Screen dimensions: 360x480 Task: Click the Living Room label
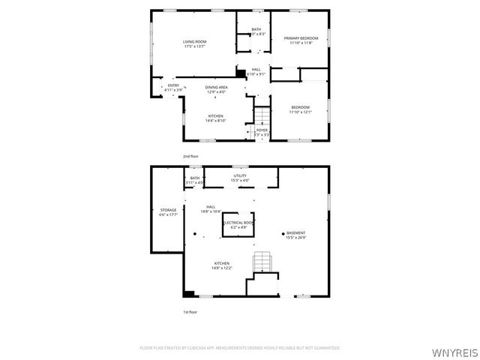195,41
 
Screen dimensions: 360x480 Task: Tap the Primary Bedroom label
301,38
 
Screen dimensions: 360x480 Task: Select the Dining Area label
217,87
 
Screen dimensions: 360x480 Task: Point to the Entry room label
173,85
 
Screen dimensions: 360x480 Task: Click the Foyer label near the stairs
262,130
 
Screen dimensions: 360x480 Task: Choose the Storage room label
168,210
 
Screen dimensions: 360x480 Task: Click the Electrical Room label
239,223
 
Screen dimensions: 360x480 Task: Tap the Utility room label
239,175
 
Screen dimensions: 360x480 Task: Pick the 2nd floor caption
190,156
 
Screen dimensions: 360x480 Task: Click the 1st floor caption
190,311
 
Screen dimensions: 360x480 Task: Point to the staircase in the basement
261,262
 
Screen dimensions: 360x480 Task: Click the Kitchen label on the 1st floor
221,263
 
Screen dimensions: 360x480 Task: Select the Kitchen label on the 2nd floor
216,116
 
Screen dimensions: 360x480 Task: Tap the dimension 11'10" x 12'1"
301,112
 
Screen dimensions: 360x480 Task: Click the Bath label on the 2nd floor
256,30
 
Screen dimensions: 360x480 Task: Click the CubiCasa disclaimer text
240,348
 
